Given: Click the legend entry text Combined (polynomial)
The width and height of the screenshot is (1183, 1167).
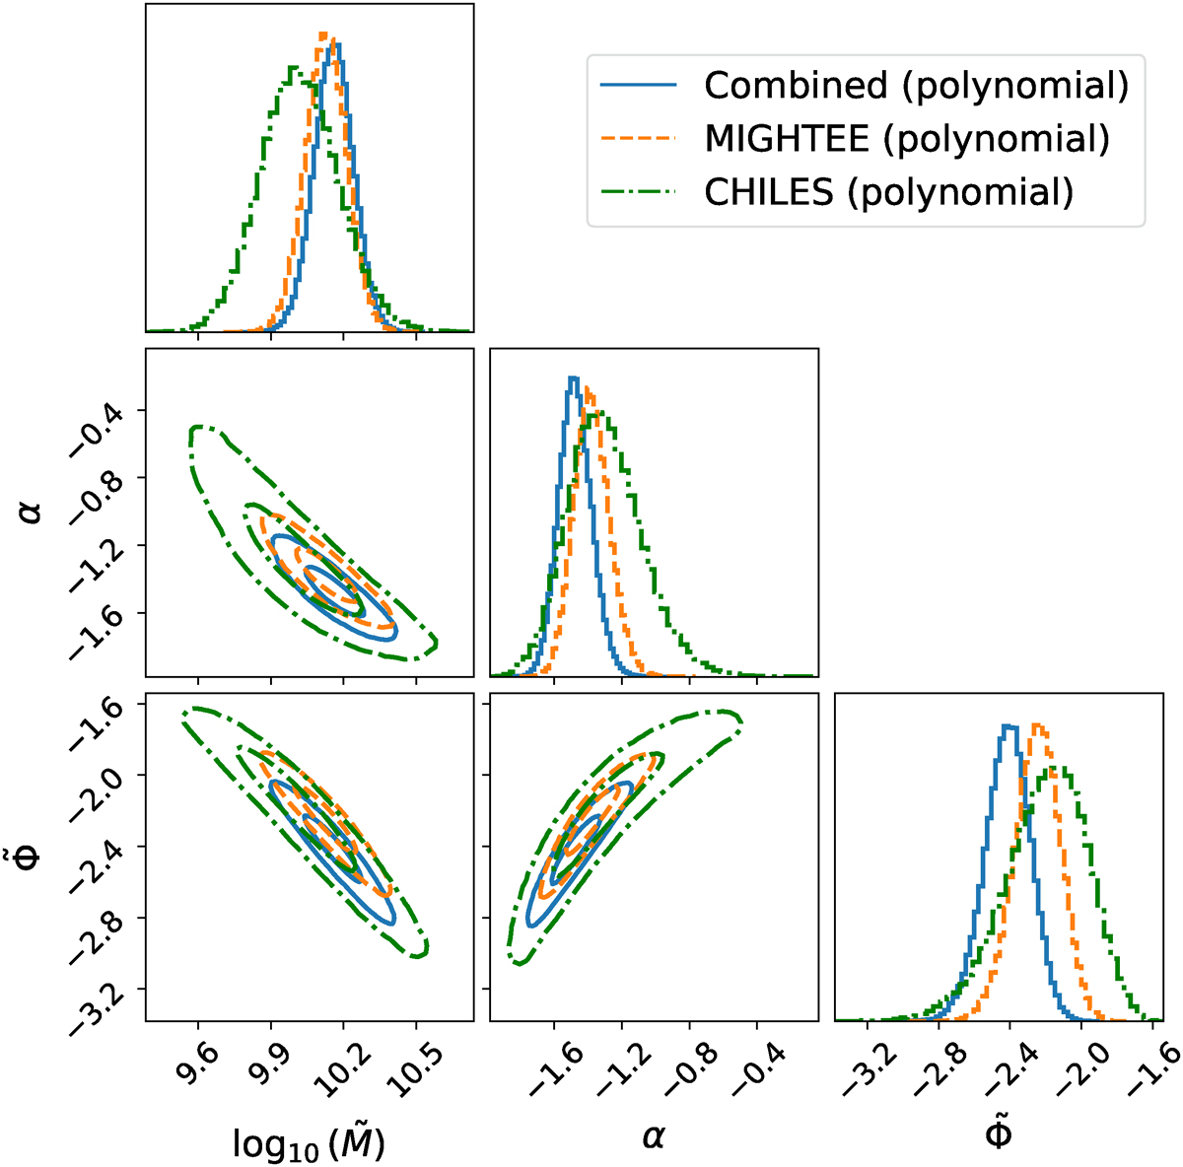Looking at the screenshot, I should point(915,87).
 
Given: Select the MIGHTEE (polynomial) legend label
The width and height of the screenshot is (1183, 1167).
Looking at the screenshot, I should point(906,139).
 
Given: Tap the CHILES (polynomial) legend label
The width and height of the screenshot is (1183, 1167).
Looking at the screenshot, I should point(887,191).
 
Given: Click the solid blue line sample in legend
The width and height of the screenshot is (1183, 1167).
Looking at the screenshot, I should point(639,87).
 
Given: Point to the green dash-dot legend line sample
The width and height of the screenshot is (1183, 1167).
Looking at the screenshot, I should point(639,191).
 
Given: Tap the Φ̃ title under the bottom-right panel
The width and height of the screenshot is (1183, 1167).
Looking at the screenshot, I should point(997,1133).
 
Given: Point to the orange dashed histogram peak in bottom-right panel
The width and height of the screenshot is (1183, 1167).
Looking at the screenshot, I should point(1038,726).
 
